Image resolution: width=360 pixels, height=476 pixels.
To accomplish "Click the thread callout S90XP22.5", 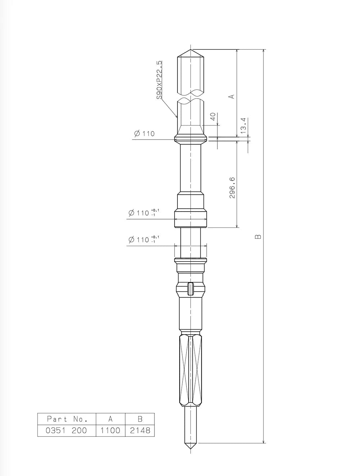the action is (x=159, y=80).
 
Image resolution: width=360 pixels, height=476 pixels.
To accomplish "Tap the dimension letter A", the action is (x=232, y=96).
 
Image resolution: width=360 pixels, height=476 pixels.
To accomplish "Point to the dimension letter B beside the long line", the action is (x=258, y=236).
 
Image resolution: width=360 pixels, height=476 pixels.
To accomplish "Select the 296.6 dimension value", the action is (x=232, y=187).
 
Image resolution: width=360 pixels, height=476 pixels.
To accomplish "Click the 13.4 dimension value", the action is (x=243, y=125).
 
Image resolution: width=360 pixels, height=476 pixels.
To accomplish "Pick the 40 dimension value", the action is (x=213, y=117).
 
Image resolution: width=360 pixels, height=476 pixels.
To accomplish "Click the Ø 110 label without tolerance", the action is (x=144, y=133).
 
